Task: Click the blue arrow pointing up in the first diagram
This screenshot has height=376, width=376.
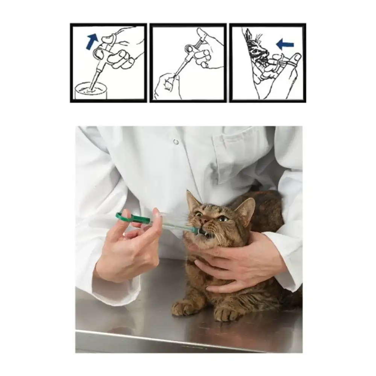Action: coord(92,41)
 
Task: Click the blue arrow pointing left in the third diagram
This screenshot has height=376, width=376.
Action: coord(285,45)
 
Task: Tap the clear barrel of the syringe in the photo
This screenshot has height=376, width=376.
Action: coord(173,225)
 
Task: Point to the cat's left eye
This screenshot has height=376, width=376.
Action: coord(223,218)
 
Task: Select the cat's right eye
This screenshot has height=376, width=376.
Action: coord(199,214)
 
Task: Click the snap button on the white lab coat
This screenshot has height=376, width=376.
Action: coord(176,142)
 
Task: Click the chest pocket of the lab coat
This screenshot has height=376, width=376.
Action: coord(241,158)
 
